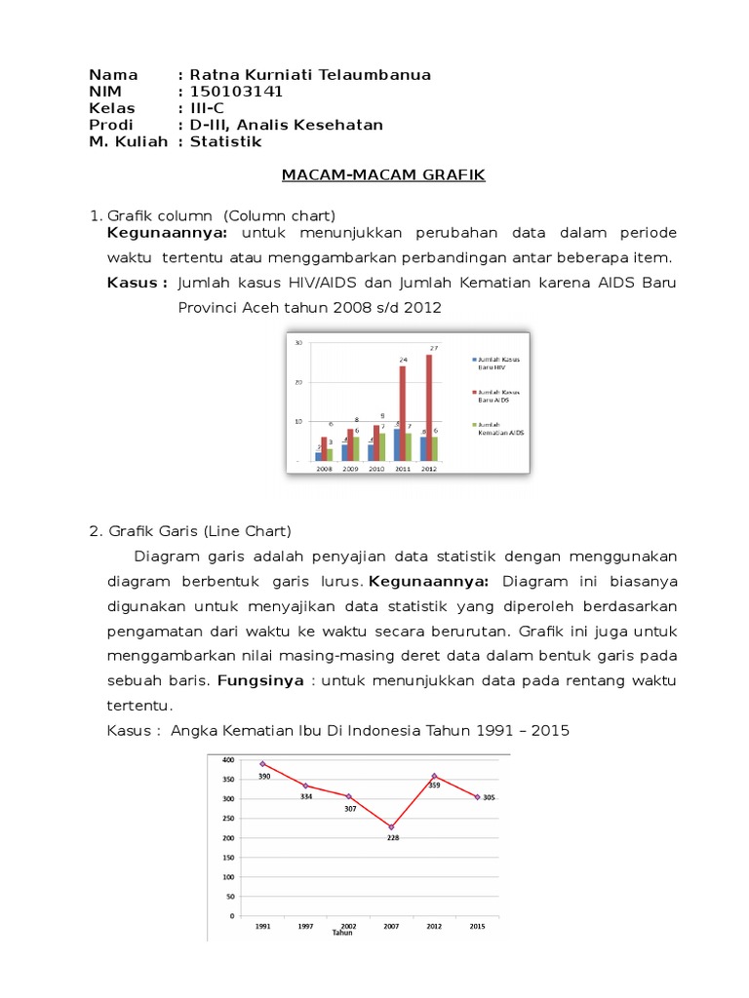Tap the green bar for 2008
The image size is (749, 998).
pyautogui.click(x=330, y=454)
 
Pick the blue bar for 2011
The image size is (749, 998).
pyautogui.click(x=395, y=444)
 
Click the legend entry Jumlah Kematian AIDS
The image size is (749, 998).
pyautogui.click(x=500, y=428)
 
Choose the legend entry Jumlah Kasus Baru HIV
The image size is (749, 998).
pyautogui.click(x=498, y=364)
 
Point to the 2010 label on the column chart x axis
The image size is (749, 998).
pyautogui.click(x=375, y=469)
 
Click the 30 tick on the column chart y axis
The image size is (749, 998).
pyautogui.click(x=299, y=342)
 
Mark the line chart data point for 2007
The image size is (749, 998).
pyautogui.click(x=391, y=827)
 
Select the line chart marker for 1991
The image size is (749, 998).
pyautogui.click(x=263, y=764)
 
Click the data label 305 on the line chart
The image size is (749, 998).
pyautogui.click(x=489, y=797)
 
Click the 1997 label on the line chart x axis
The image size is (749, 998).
pyautogui.click(x=306, y=926)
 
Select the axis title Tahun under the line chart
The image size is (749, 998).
pyautogui.click(x=341, y=933)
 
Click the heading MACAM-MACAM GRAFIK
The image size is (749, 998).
pyautogui.click(x=382, y=175)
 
